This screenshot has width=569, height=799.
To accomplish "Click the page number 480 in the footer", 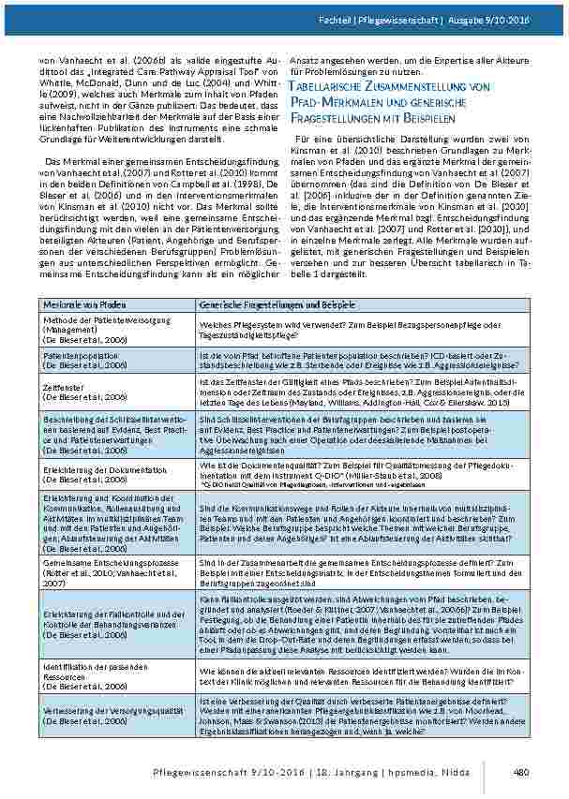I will coord(523,772).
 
